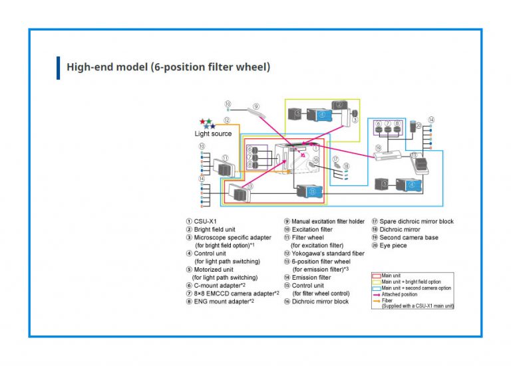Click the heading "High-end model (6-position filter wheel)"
168,67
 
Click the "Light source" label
213,134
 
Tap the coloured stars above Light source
207,123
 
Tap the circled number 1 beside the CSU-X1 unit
315,149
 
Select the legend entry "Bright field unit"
213,229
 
